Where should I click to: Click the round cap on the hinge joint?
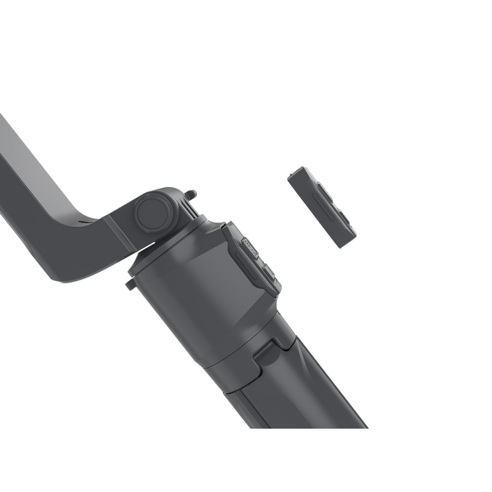(x=153, y=212)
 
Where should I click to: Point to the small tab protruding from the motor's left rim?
(x=131, y=285)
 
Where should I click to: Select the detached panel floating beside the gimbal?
(x=321, y=207)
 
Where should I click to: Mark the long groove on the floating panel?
(x=320, y=212)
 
